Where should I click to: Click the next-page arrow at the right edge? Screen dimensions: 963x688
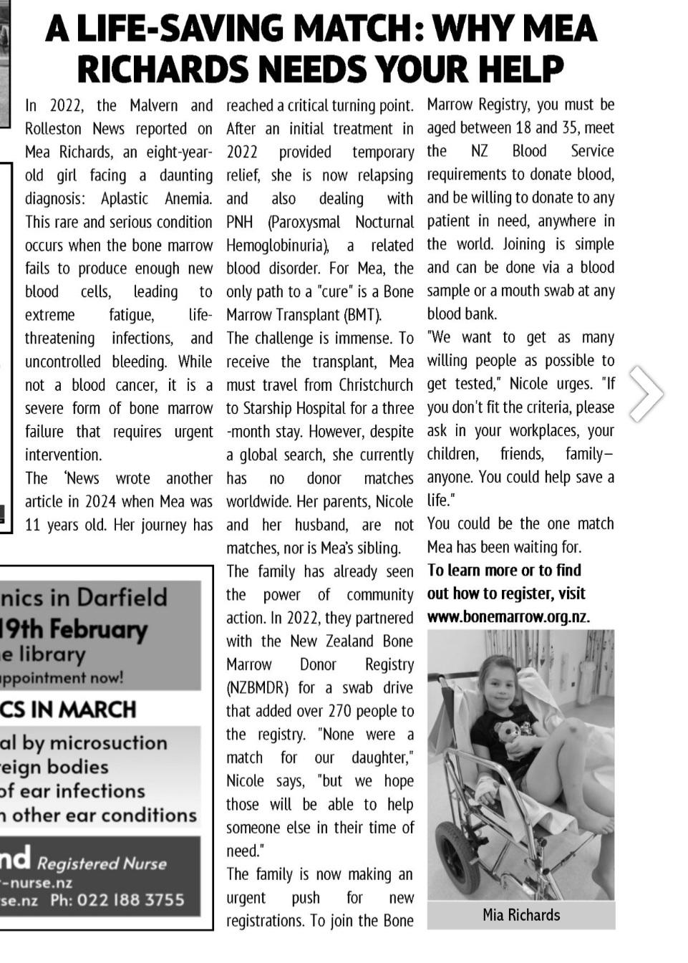(x=646, y=393)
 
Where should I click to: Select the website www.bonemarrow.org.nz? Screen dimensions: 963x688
(x=508, y=617)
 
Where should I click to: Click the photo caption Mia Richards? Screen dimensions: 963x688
(x=521, y=915)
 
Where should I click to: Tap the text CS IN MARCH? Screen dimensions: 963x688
(x=68, y=710)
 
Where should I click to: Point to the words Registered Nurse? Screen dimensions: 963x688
(x=102, y=863)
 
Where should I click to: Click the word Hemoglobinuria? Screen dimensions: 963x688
(x=277, y=246)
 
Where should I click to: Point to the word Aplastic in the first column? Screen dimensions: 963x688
(x=125, y=199)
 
